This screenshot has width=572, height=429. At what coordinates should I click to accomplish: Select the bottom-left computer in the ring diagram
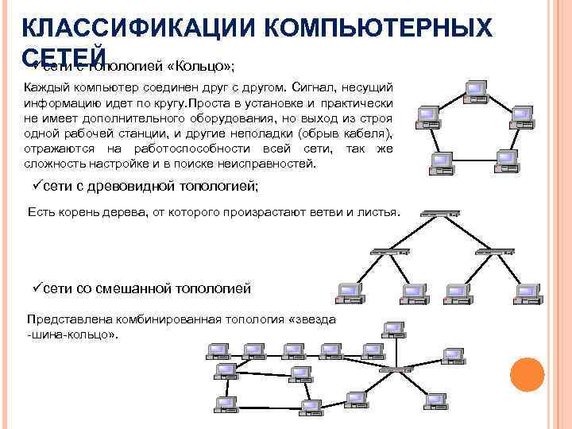(x=440, y=162)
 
